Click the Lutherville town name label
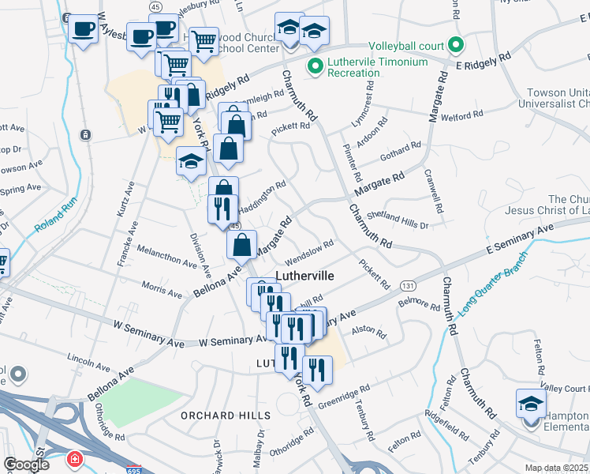pyautogui.click(x=305, y=276)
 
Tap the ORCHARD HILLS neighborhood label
pyautogui.click(x=225, y=416)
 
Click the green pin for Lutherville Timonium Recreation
pyautogui.click(x=316, y=67)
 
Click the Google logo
pyautogui.click(x=26, y=465)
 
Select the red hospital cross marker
pyautogui.click(x=75, y=459)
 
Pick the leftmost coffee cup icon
pyautogui.click(x=82, y=30)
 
